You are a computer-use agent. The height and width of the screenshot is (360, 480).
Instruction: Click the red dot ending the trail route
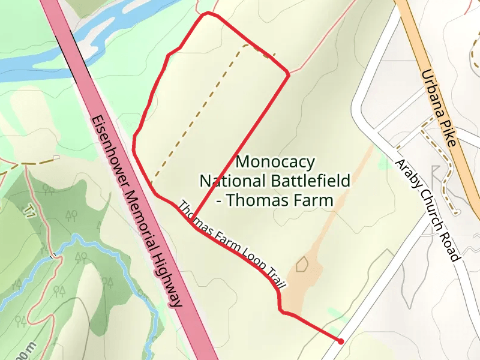tap(341, 341)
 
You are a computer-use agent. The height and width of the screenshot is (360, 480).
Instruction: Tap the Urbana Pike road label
tap(439, 108)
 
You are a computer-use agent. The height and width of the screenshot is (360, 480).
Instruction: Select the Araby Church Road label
tap(427, 210)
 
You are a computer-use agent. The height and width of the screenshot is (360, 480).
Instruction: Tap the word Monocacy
tap(275, 162)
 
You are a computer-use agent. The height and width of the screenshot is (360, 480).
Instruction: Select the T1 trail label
tap(28, 211)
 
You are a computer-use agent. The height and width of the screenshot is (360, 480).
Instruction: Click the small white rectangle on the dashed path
tap(56, 158)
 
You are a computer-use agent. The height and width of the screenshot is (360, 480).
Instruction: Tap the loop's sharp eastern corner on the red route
tap(289, 74)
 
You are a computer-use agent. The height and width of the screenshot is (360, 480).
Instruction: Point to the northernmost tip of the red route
tap(208, 13)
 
